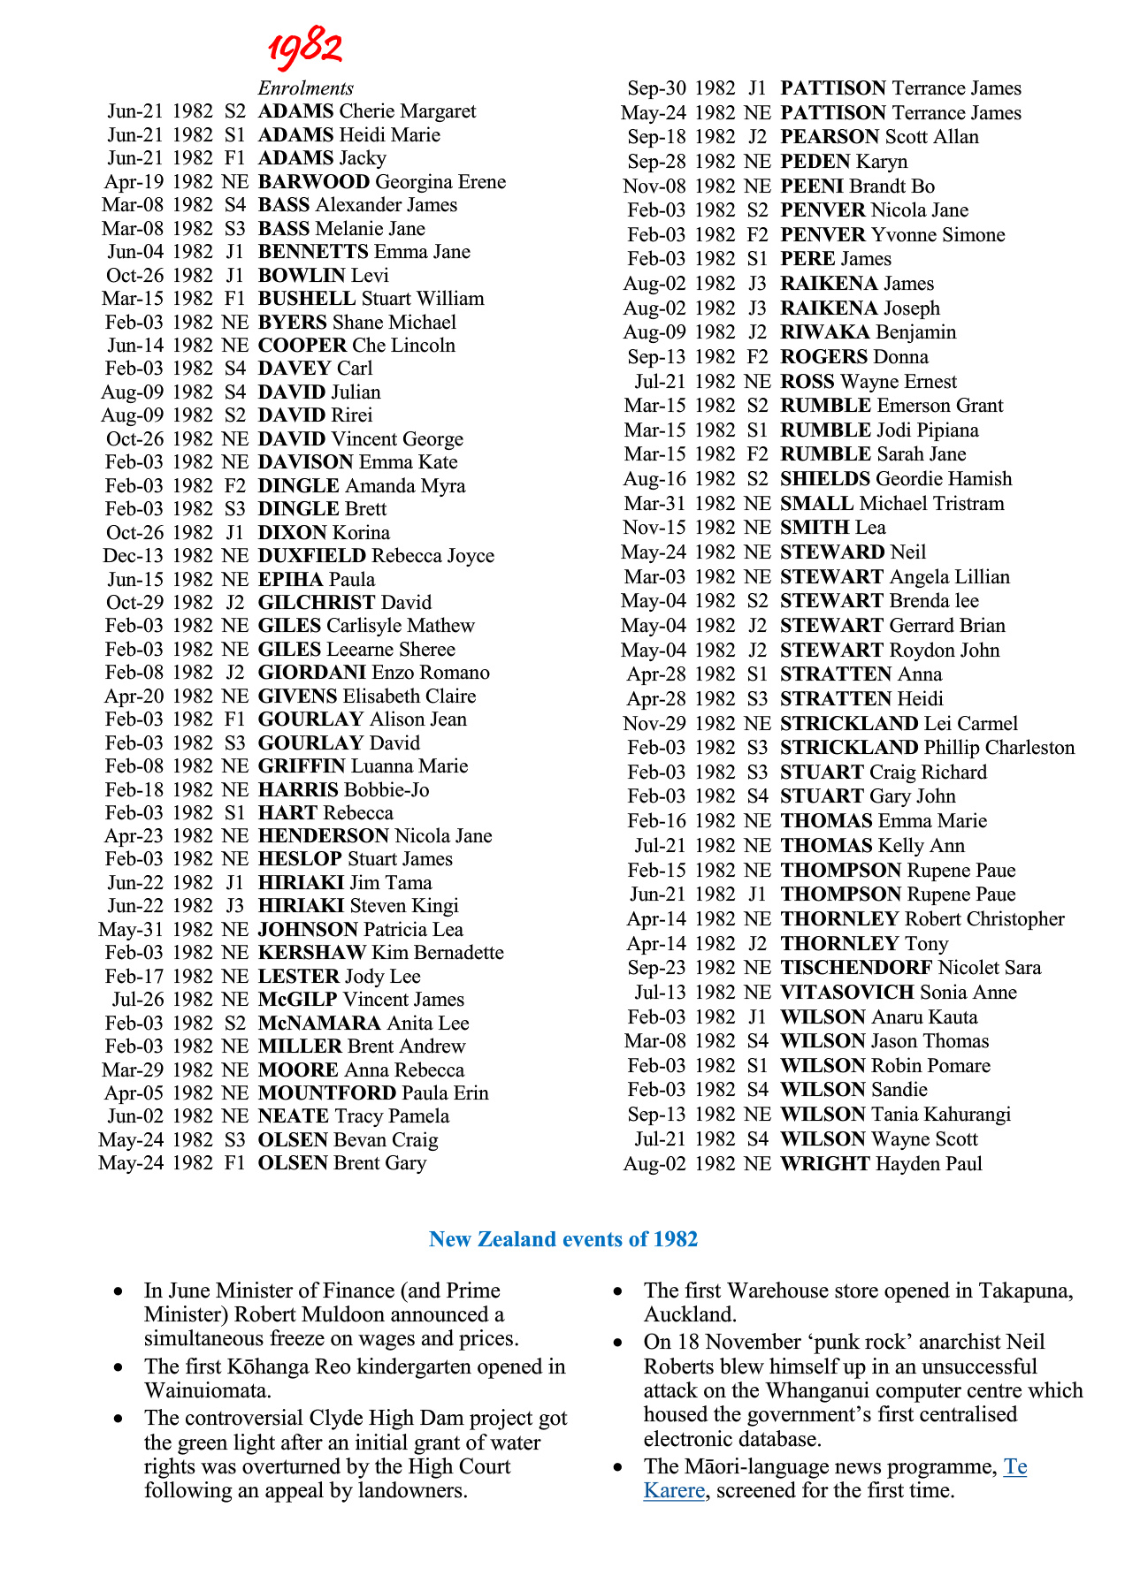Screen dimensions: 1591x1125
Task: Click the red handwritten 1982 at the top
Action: click(x=305, y=48)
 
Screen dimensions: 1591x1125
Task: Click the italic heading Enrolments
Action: click(x=305, y=88)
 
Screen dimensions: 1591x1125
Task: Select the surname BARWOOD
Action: click(x=313, y=182)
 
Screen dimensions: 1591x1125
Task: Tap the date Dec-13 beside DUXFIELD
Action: click(x=133, y=556)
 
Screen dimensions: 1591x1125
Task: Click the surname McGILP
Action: click(x=297, y=1000)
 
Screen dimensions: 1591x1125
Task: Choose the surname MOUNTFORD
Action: click(x=326, y=1093)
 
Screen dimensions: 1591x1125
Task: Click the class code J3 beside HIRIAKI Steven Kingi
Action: click(x=234, y=906)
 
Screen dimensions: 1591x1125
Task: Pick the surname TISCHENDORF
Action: click(x=856, y=968)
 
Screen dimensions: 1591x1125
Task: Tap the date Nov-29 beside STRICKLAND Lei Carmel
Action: click(x=654, y=724)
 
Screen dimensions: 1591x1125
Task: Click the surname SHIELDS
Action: click(x=825, y=479)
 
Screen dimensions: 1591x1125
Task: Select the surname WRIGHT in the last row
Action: click(x=824, y=1164)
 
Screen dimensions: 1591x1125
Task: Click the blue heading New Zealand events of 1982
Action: click(x=563, y=1239)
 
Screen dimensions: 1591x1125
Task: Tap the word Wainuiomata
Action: click(x=208, y=1390)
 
